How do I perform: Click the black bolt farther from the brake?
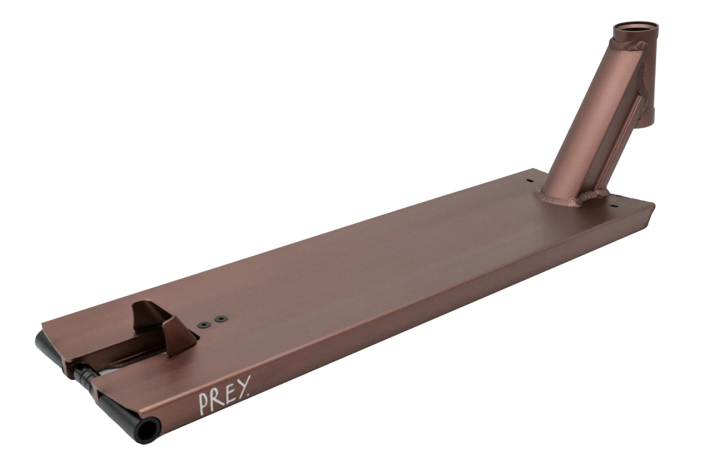pyautogui.click(x=221, y=318)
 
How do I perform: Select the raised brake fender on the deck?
pyautogui.click(x=163, y=327)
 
